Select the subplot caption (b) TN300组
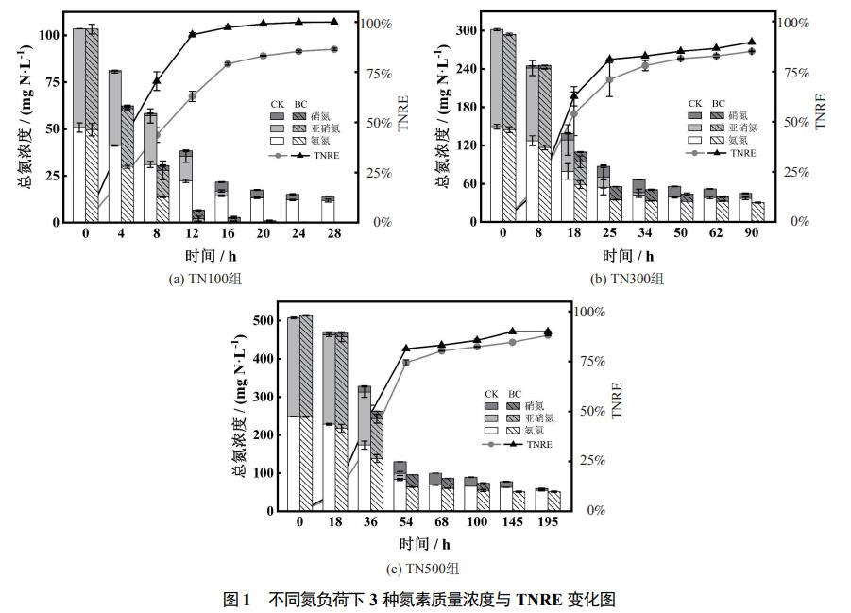(627, 279)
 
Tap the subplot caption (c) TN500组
(422, 568)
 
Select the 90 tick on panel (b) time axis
(751, 233)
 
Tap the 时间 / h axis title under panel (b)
(628, 255)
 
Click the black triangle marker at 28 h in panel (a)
(334, 22)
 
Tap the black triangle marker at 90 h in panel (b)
(752, 42)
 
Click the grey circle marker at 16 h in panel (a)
(228, 64)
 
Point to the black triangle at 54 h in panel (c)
(406, 349)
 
